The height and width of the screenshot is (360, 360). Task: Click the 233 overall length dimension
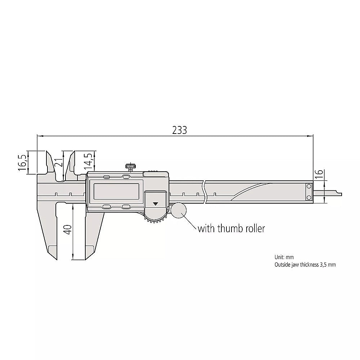click(179, 130)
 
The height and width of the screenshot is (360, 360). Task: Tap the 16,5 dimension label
click(22, 163)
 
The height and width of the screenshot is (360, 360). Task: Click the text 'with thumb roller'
click(231, 229)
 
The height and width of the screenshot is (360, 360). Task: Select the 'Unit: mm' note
click(284, 257)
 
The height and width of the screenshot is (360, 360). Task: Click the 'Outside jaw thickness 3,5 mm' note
click(305, 265)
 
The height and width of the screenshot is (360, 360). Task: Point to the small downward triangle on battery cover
click(156, 203)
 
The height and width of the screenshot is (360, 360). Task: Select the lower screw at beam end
click(309, 198)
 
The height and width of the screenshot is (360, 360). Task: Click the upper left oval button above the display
click(107, 177)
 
